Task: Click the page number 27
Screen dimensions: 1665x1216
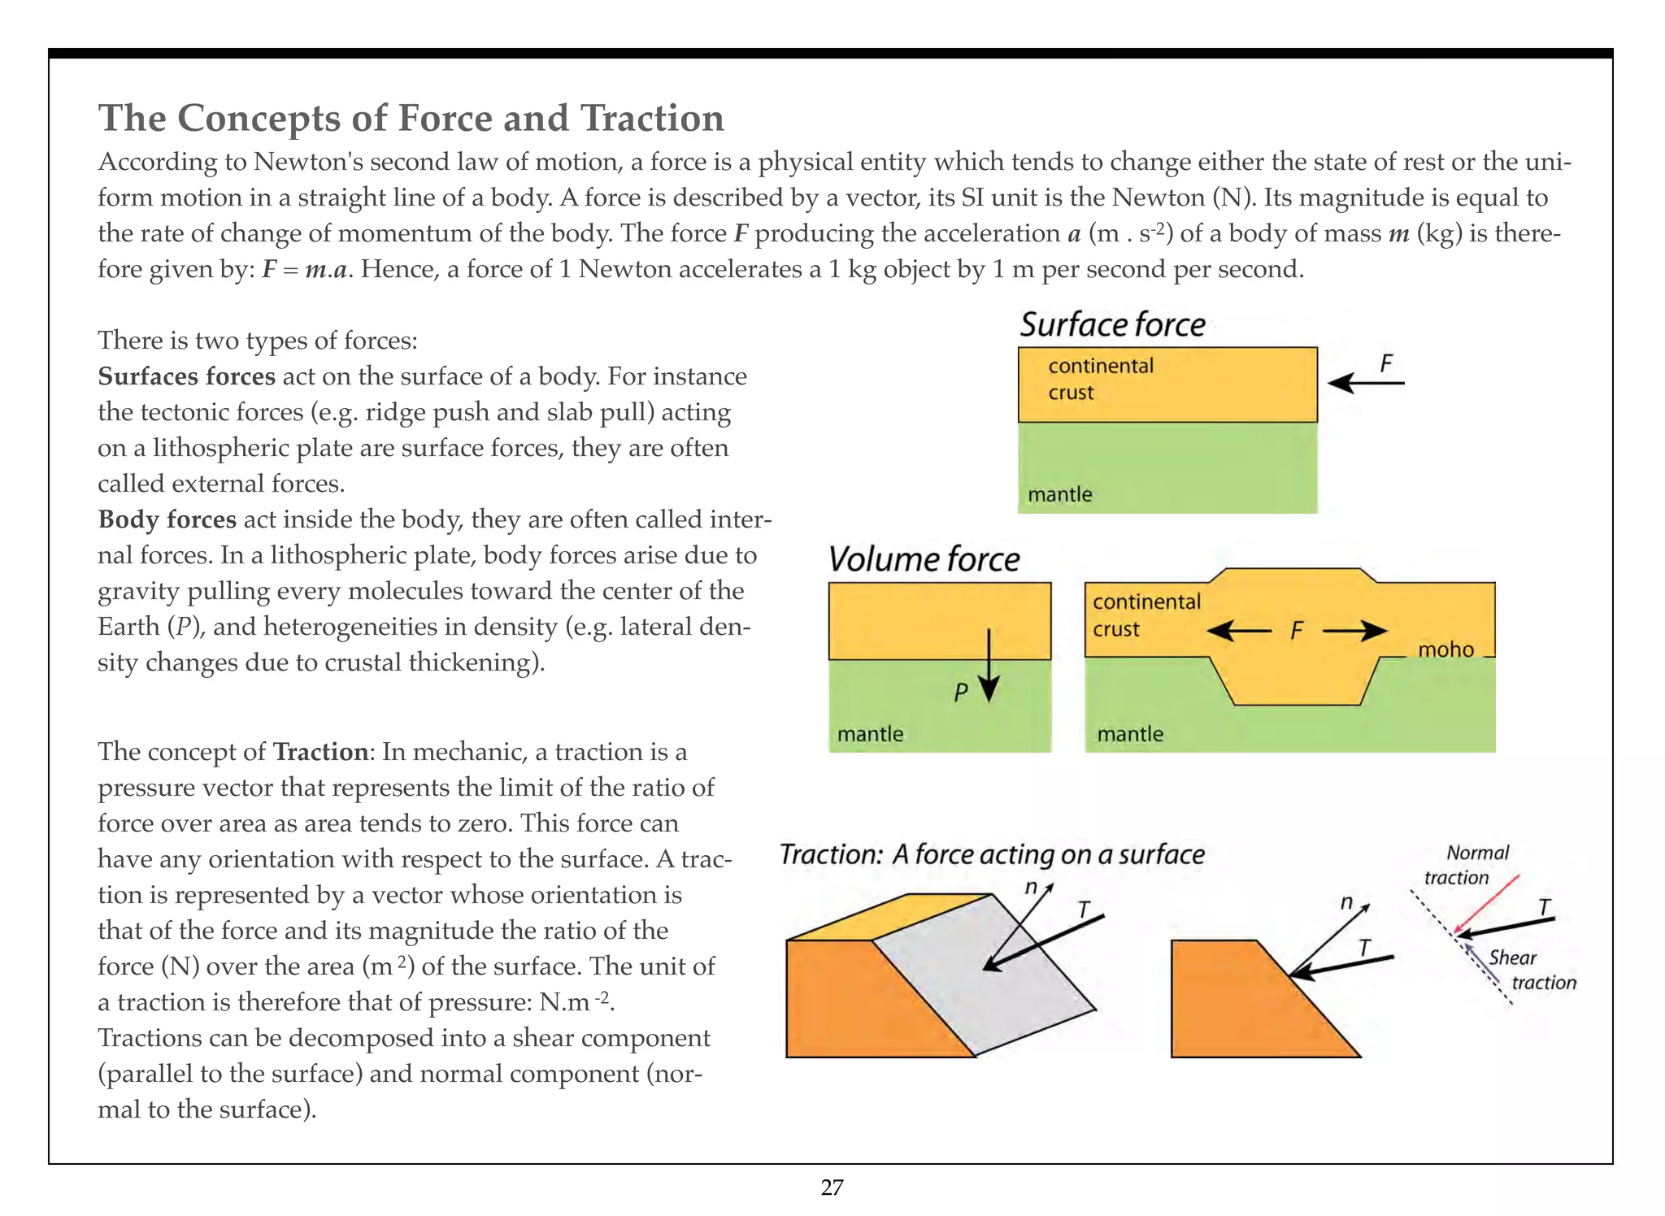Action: click(832, 1188)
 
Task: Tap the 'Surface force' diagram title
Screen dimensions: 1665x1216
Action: click(1112, 324)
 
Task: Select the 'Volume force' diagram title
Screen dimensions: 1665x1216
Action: click(924, 559)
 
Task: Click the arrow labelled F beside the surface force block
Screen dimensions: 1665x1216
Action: click(1365, 382)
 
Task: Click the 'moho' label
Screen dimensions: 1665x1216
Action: click(1445, 649)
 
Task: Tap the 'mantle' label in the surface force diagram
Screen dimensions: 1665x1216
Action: click(1059, 494)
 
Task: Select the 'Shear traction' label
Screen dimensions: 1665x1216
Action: click(1531, 970)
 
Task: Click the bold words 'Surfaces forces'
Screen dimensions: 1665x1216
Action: click(186, 376)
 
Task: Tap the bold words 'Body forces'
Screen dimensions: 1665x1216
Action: click(167, 519)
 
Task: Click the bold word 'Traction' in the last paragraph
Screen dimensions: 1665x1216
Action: click(320, 752)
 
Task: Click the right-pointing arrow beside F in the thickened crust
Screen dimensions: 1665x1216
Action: click(1355, 631)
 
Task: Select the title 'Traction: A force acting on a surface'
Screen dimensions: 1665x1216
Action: click(991, 854)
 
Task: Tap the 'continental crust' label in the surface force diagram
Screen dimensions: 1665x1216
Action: click(1100, 379)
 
